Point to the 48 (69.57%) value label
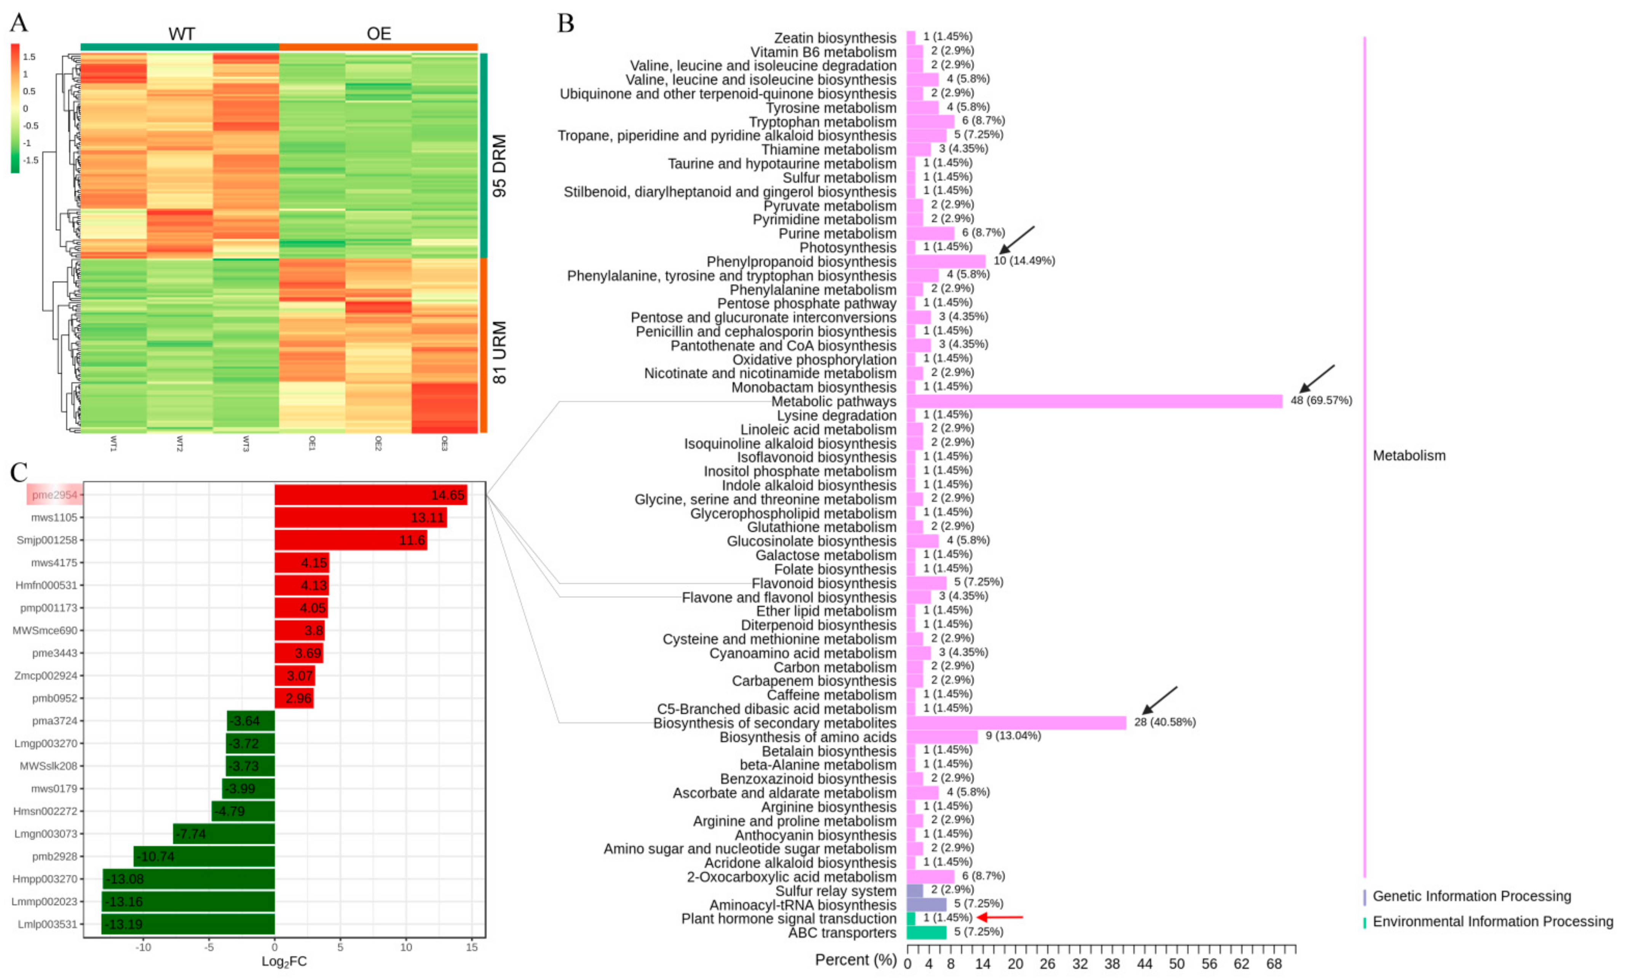point(1321,400)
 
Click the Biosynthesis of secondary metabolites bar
point(1016,722)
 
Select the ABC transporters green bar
point(926,932)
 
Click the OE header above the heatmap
point(379,34)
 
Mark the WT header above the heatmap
point(181,34)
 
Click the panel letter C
point(18,472)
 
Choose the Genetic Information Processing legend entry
point(1471,896)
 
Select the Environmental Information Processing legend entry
point(1492,921)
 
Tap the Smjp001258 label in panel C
point(47,540)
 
